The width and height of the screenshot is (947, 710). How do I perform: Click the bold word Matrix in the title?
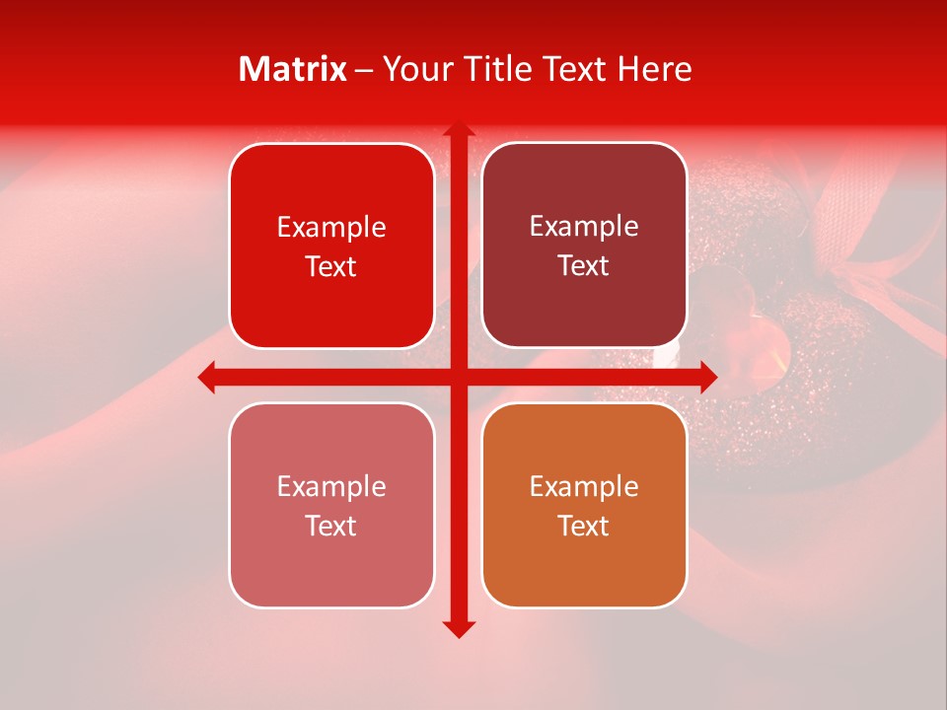click(293, 69)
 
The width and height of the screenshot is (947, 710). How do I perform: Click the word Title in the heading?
click(486, 69)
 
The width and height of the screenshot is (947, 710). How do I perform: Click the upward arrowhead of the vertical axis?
click(458, 129)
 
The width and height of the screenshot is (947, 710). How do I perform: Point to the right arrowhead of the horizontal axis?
click(708, 377)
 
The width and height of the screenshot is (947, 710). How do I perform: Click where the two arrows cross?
click(458, 377)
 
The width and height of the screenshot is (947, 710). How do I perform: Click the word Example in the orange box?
click(584, 486)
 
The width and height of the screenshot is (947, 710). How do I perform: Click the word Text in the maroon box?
click(584, 266)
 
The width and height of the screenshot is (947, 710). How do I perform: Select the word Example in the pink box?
click(331, 486)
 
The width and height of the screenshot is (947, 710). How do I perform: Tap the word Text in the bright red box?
click(331, 267)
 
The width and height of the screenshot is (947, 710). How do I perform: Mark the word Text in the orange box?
click(584, 527)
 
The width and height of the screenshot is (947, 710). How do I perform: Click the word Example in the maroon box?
click(584, 226)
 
